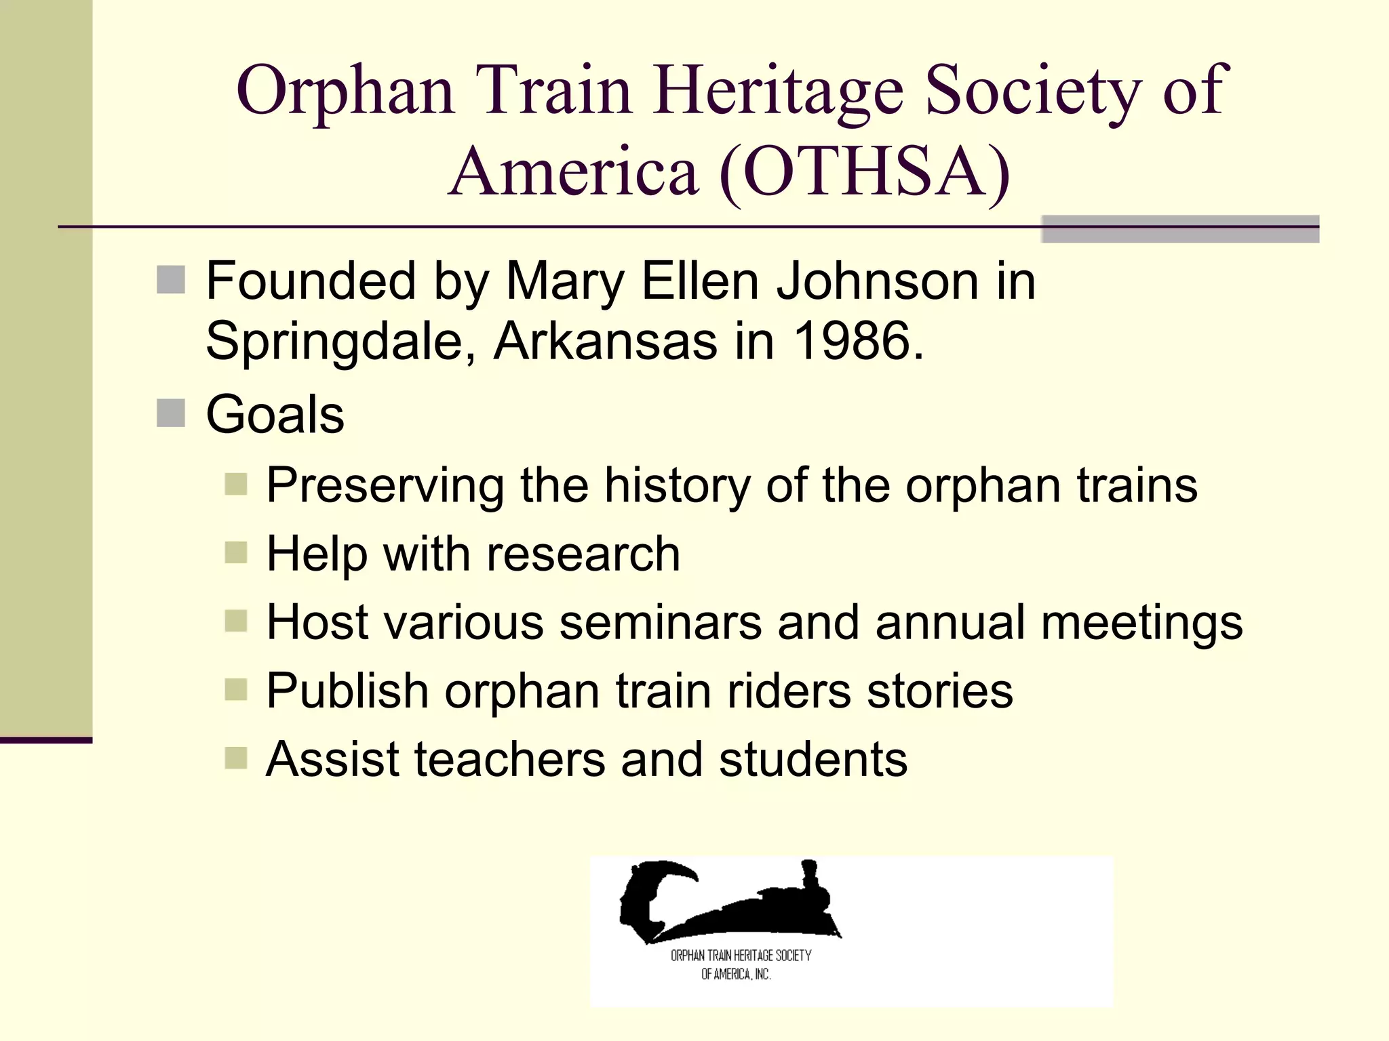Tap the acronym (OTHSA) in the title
coord(865,172)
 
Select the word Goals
coord(275,414)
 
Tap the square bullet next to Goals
coord(170,413)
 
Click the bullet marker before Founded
coord(170,279)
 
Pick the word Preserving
coord(385,486)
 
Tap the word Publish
coord(347,691)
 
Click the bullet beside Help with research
coord(235,552)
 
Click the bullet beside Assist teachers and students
coord(235,758)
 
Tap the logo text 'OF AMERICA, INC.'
coord(736,975)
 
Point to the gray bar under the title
coord(1179,229)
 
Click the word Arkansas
coord(605,340)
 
